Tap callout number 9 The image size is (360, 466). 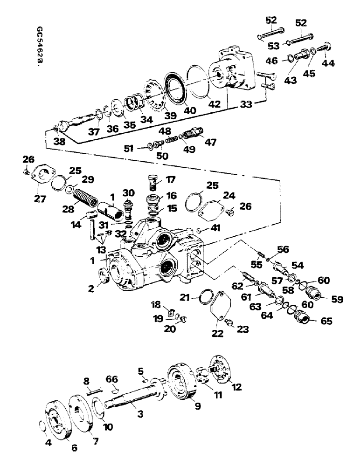pos(198,406)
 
